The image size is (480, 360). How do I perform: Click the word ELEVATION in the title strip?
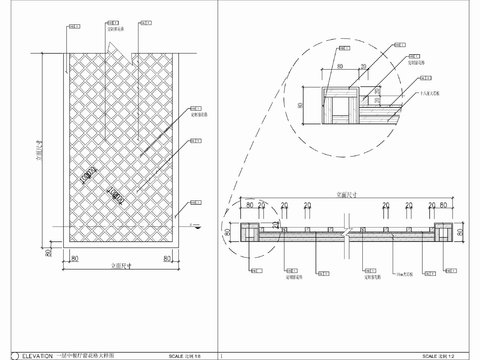point(31,353)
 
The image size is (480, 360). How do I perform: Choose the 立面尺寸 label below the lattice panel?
point(122,271)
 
